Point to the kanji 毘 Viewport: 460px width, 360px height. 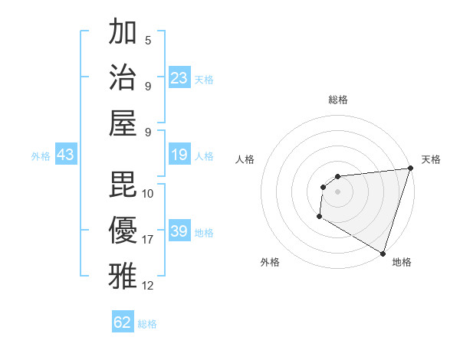123,184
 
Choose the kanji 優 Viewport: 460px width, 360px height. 123,229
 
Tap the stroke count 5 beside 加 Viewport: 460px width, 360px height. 148,40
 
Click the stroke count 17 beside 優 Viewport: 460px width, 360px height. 148,239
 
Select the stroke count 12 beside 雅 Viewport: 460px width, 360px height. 148,286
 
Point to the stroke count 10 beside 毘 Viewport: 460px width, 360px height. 148,193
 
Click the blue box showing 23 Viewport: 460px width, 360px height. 179,78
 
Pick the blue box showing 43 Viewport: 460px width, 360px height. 66,155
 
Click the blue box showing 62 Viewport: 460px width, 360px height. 123,322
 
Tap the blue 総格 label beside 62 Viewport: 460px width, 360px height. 147,324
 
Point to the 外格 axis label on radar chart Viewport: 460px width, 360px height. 270,262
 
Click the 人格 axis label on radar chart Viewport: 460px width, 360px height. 245,159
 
